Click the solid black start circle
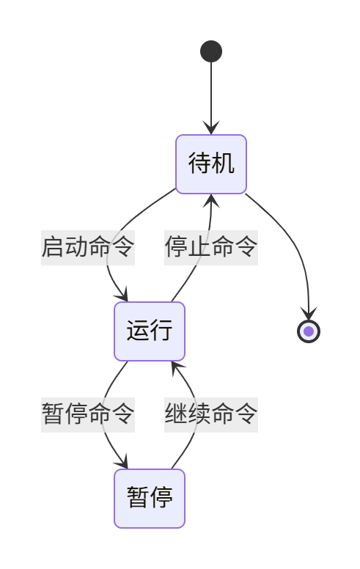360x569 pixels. pos(211,51)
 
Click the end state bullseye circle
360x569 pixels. pos(309,331)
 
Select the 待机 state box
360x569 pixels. pos(211,164)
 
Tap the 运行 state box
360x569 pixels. pos(150,331)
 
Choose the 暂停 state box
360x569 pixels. pos(150,499)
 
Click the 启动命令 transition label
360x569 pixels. pos(88,247)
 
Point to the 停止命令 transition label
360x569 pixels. pos(211,247)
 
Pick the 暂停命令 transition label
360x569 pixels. pos(88,414)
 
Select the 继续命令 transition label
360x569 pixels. pos(211,414)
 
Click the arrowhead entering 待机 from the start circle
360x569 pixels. pos(211,129)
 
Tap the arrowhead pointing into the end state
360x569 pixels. pos(309,315)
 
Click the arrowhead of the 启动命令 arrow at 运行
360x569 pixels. pos(122,295)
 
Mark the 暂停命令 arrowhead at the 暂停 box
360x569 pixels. pos(122,463)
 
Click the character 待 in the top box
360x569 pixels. pos(200,164)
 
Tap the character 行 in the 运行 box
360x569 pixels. pos(161,331)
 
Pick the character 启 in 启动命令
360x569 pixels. pos(53,247)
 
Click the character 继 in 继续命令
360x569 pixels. pos(176,414)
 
